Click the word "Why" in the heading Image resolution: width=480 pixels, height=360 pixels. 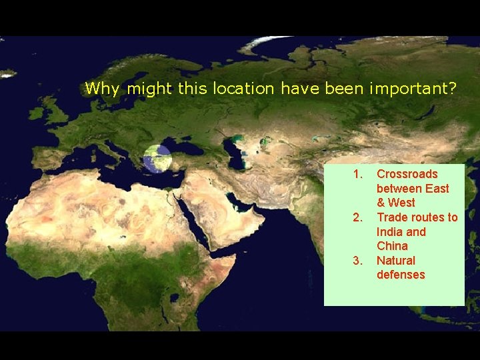99,89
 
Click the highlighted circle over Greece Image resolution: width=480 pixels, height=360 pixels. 157,159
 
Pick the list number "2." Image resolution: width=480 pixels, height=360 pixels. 358,217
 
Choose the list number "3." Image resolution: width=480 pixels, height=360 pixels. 358,261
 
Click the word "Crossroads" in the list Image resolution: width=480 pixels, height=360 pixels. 407,174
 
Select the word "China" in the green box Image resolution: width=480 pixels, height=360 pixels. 393,246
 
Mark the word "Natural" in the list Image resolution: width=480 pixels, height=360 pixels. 396,261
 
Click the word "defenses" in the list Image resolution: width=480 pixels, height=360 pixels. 401,275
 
